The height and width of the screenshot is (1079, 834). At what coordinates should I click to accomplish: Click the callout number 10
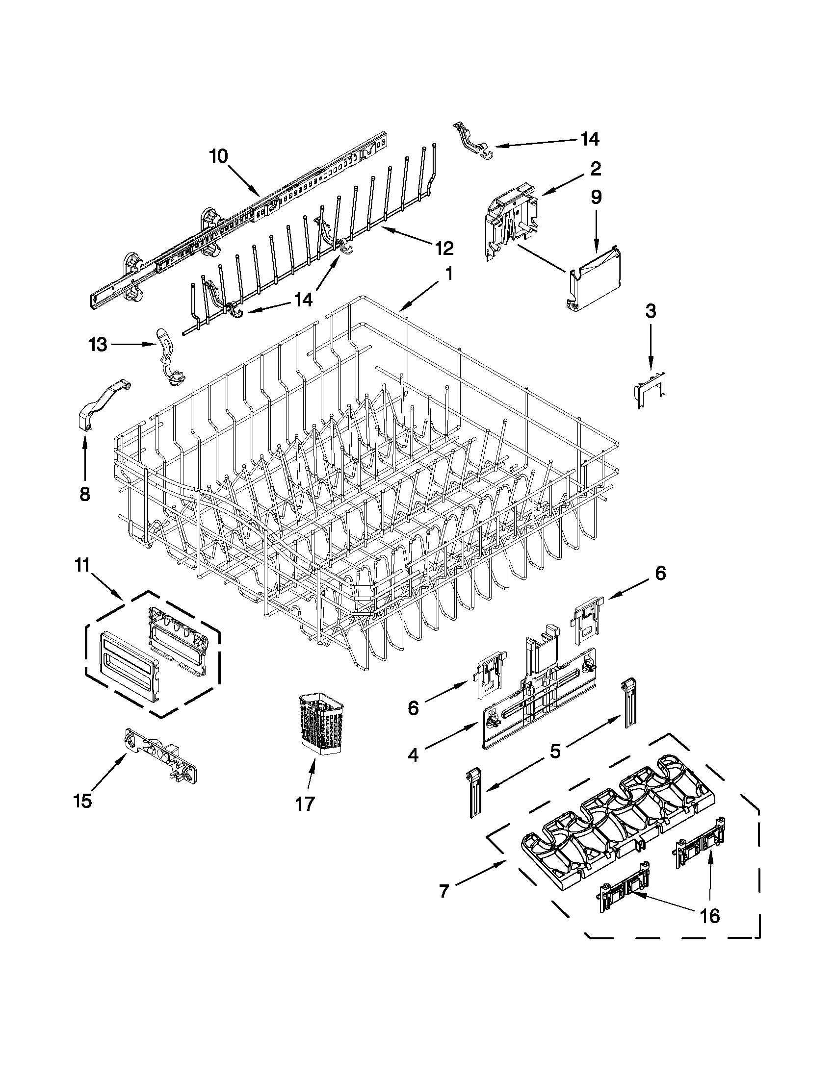(218, 156)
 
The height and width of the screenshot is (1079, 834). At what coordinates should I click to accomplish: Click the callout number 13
(99, 344)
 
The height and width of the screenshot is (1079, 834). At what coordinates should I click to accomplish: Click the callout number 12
(443, 248)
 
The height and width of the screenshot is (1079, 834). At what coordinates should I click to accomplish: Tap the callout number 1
(449, 273)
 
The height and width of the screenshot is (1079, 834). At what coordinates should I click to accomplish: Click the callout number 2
(596, 169)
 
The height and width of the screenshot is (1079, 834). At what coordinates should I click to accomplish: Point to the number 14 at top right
(590, 139)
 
